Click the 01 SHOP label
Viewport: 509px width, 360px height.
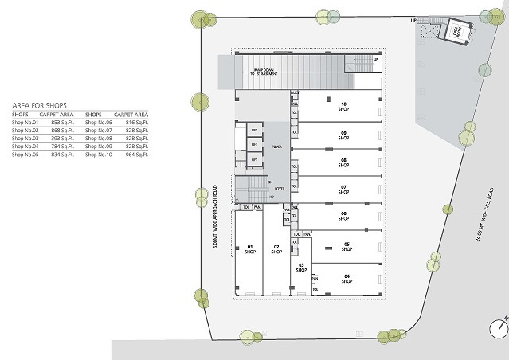tap(249, 248)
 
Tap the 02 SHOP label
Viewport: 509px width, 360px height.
tap(276, 248)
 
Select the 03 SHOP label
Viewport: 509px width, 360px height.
tap(301, 268)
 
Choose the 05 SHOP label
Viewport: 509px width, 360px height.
tap(347, 246)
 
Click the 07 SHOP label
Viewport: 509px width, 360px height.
tap(343, 190)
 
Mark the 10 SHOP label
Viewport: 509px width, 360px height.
tap(343, 107)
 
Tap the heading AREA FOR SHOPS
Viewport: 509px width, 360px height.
tap(39, 105)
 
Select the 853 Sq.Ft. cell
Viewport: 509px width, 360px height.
tap(62, 123)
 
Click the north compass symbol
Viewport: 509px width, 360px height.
tap(499, 327)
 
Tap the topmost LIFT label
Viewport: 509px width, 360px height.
tap(254, 130)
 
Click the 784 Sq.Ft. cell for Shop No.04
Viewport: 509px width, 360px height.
tap(62, 147)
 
